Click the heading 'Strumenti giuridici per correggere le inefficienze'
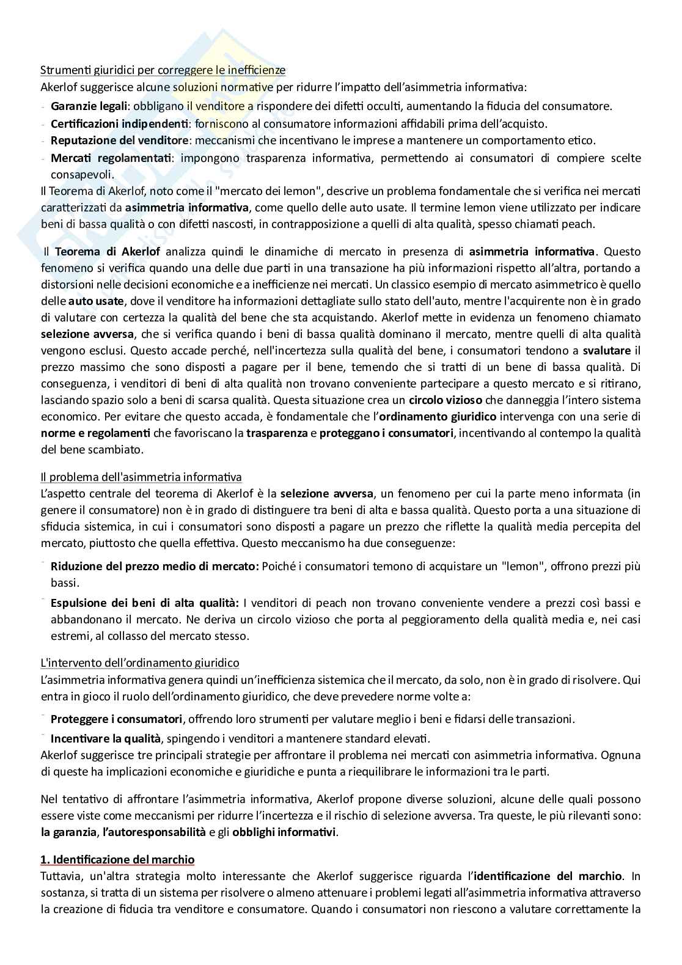click(163, 70)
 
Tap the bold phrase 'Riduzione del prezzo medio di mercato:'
click(155, 566)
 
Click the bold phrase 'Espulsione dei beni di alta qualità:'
click(145, 603)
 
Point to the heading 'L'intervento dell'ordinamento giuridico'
click(140, 662)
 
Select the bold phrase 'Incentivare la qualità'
click(106, 738)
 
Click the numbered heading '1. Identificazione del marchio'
click(117, 860)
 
